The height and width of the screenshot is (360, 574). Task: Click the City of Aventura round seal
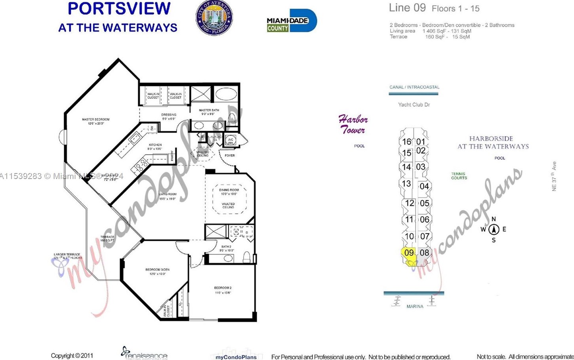pyautogui.click(x=214, y=18)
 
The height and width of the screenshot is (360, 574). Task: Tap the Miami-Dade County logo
pyautogui.click(x=292, y=21)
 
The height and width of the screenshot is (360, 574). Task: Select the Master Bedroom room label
pyautogui.click(x=95, y=121)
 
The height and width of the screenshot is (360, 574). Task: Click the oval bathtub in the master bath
pyautogui.click(x=226, y=94)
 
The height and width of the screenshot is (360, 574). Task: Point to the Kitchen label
pyautogui.click(x=155, y=147)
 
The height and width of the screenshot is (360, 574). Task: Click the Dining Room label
pyautogui.click(x=229, y=192)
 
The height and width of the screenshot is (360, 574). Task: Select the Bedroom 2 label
pyautogui.click(x=223, y=290)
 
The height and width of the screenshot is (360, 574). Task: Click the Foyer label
pyautogui.click(x=229, y=156)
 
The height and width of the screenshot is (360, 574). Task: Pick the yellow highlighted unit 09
pyautogui.click(x=409, y=253)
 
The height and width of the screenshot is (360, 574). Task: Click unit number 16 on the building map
pyautogui.click(x=406, y=142)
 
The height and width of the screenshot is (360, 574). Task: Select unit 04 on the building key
pyautogui.click(x=424, y=186)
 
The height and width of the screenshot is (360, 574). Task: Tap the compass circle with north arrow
pyautogui.click(x=494, y=229)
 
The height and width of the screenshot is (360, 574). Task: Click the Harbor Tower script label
pyautogui.click(x=353, y=124)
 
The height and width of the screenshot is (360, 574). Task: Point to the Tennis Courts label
pyautogui.click(x=459, y=176)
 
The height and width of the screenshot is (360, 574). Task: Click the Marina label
pyautogui.click(x=415, y=307)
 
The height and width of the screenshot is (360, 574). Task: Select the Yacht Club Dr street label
pyautogui.click(x=414, y=105)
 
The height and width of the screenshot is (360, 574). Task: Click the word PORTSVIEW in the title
pyautogui.click(x=119, y=9)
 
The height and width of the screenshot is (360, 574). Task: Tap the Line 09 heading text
pyautogui.click(x=407, y=8)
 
